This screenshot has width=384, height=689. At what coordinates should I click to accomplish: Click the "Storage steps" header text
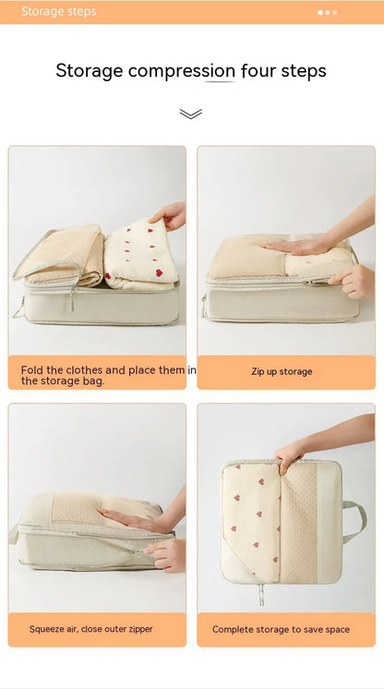click(59, 12)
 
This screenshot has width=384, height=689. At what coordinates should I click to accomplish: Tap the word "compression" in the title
click(181, 71)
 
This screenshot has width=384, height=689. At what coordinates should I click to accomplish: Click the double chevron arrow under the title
click(191, 114)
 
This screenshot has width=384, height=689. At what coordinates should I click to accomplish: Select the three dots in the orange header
click(327, 12)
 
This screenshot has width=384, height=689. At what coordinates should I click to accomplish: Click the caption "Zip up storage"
click(282, 371)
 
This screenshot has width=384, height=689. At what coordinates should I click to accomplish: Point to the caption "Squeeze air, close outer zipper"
click(91, 629)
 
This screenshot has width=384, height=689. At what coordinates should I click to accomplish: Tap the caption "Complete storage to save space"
click(281, 629)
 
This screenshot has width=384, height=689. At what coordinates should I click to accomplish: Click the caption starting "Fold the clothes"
click(103, 375)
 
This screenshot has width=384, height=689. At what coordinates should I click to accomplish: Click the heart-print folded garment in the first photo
click(140, 255)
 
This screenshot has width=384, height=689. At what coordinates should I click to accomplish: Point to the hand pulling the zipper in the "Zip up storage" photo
click(354, 279)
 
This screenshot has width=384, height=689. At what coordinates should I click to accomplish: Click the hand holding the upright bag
click(289, 453)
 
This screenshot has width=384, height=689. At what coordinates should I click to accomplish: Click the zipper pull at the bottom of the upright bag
click(261, 595)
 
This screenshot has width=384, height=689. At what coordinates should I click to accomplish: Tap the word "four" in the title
click(264, 71)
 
